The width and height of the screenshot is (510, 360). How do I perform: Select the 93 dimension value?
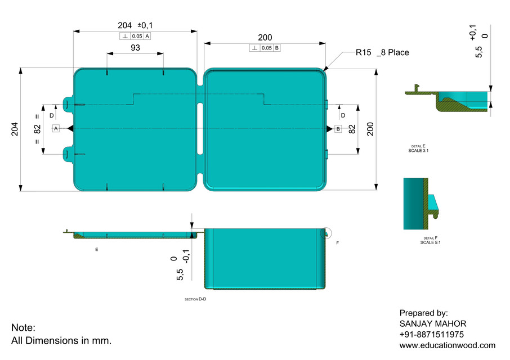pos(135,48)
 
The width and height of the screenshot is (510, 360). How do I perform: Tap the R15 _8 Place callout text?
pos(382,52)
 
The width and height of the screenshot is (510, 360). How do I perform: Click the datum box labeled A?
pos(56,129)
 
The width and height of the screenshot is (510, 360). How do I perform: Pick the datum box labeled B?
pos(338,129)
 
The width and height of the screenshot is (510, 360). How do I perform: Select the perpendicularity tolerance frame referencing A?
pos(135,36)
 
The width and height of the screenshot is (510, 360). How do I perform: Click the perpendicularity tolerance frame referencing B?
pos(265,48)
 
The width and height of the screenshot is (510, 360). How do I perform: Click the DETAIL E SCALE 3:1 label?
pos(418,148)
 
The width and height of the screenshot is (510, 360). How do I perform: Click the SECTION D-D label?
pos(195,299)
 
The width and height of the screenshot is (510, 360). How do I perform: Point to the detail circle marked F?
pos(326,233)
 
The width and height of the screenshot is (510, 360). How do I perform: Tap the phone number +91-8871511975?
pos(432,334)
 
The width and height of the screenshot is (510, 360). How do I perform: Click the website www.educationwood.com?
pos(448,345)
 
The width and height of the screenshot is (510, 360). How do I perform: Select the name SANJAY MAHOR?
pos(433,323)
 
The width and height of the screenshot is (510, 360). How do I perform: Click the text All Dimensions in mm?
pos(61,340)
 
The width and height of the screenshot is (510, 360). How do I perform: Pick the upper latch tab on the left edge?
pos(68,103)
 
